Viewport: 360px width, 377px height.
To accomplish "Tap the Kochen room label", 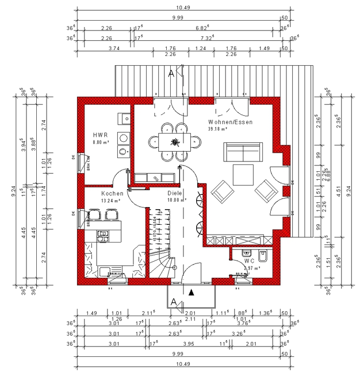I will point(112,193).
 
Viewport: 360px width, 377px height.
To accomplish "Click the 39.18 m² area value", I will point(218,129).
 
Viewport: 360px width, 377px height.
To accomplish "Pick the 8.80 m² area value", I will point(101,142).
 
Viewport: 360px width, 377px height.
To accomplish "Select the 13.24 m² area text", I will point(110,201).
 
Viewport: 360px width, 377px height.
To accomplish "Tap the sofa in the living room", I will point(243,152).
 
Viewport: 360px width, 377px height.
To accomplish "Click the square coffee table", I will point(243,174).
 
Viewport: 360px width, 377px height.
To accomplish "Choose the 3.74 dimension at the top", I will point(113,48).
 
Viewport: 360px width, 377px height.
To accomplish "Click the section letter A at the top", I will point(171,74).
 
